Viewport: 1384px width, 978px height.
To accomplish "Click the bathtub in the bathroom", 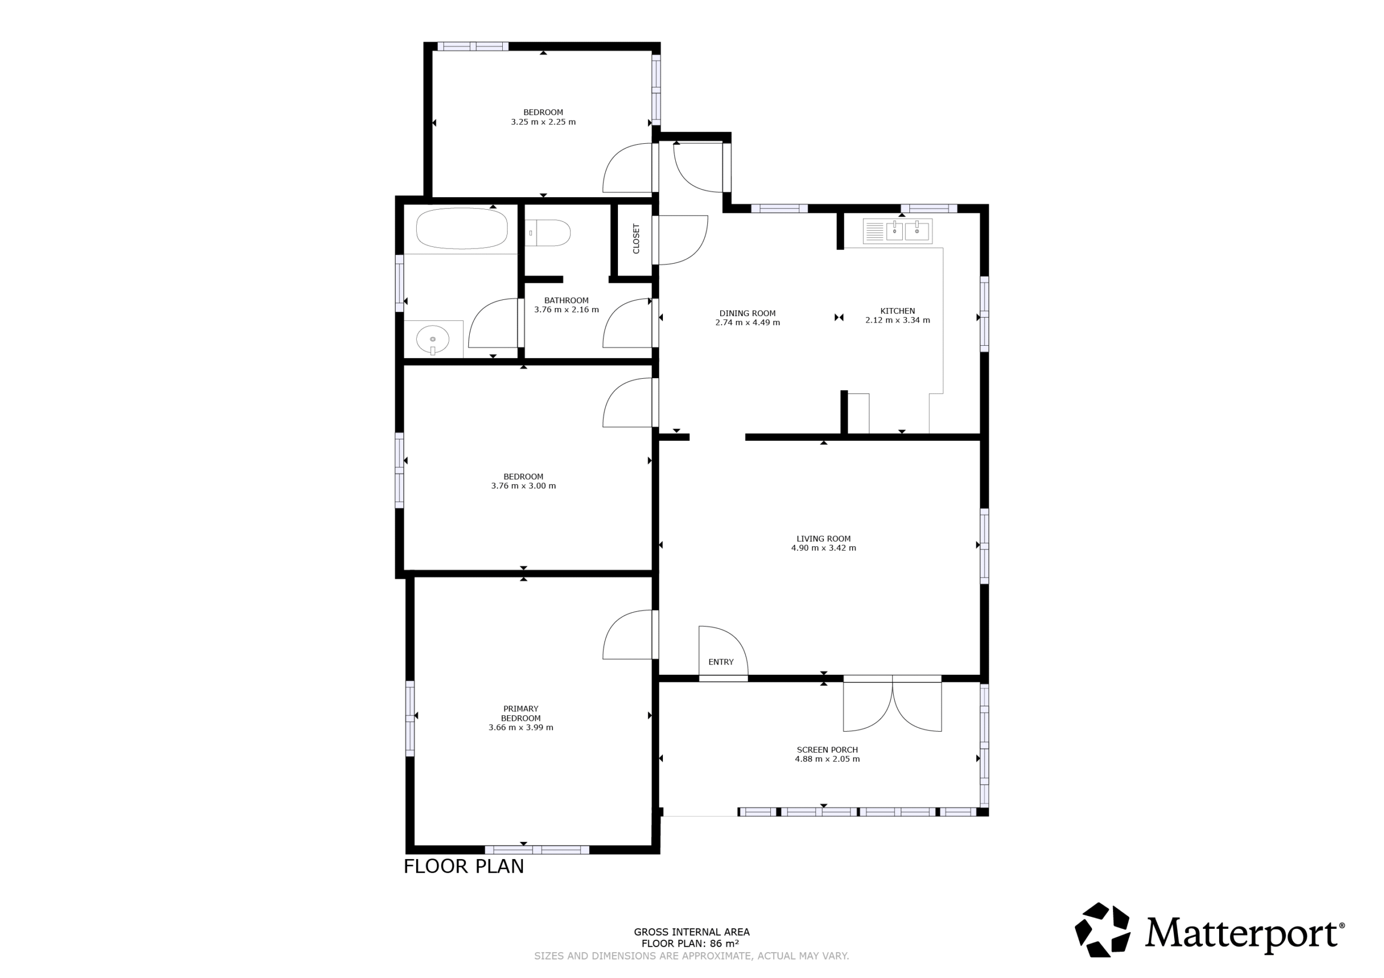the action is pyautogui.click(x=462, y=229).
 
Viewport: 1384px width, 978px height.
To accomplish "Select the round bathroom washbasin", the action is pyautogui.click(x=433, y=340).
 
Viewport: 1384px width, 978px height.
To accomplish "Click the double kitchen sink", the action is pyautogui.click(x=897, y=231).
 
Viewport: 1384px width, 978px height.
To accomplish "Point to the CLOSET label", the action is pyautogui.click(x=636, y=239).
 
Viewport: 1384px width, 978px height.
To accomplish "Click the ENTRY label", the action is pyautogui.click(x=721, y=662).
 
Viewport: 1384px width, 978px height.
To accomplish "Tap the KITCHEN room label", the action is pyautogui.click(x=897, y=311).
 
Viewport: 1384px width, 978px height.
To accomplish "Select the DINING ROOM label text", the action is pyautogui.click(x=748, y=313).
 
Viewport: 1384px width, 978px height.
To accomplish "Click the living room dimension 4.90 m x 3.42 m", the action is pyautogui.click(x=823, y=548).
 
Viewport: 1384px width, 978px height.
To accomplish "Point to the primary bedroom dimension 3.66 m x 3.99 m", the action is pyautogui.click(x=521, y=727).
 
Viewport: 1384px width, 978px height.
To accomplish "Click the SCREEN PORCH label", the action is pyautogui.click(x=827, y=749).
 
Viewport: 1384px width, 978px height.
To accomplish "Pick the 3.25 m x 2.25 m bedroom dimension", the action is pyautogui.click(x=543, y=122).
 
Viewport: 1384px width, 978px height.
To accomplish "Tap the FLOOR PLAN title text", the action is pyautogui.click(x=463, y=866).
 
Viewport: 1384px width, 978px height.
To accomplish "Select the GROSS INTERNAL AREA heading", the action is pyautogui.click(x=691, y=932).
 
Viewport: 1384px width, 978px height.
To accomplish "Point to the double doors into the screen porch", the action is pyautogui.click(x=892, y=705).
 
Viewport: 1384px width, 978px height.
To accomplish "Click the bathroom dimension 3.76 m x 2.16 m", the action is pyautogui.click(x=567, y=310).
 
